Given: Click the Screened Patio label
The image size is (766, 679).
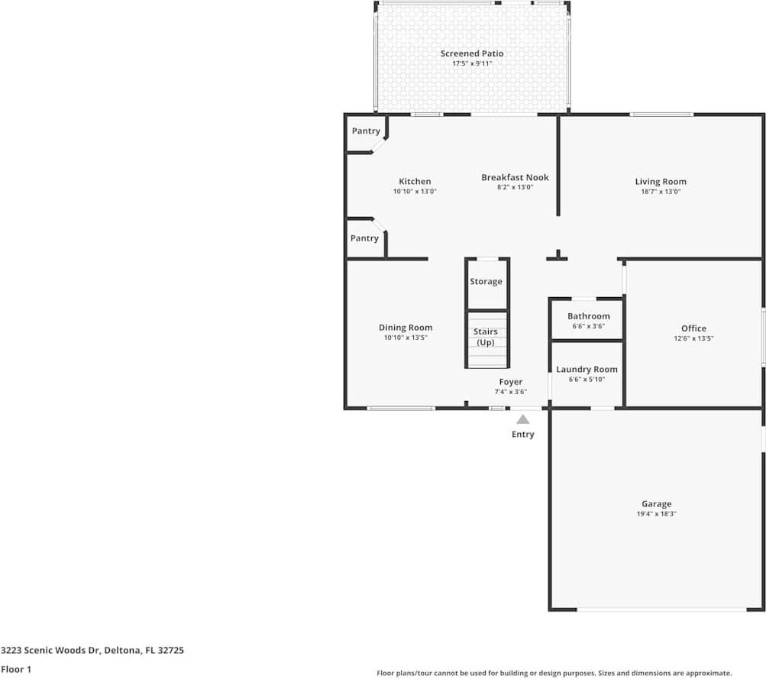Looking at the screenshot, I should tap(472, 53).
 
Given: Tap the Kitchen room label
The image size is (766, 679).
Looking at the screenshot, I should tap(415, 182).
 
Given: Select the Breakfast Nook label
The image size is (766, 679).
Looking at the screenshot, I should tap(515, 177).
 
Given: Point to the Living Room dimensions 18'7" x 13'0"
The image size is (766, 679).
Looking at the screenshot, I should tap(661, 192).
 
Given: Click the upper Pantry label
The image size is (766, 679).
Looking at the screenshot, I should tap(365, 131).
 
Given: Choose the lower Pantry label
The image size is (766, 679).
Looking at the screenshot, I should tap(364, 238).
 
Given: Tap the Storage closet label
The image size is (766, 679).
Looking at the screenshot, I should tap(486, 282).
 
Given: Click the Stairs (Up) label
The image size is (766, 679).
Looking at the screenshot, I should tap(486, 337).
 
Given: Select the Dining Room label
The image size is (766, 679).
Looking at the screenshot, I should tap(406, 328).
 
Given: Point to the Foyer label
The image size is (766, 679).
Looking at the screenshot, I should tap(511, 382).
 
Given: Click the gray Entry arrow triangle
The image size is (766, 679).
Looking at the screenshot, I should tap(523, 419).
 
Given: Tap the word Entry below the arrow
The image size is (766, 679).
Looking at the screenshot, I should tap(523, 435).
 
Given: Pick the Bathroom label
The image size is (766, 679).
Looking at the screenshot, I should tap(588, 316).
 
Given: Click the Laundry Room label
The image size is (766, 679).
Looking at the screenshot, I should tap(587, 370).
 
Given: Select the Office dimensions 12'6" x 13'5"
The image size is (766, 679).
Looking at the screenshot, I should tap(693, 338).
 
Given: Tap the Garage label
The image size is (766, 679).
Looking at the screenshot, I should tap(656, 504).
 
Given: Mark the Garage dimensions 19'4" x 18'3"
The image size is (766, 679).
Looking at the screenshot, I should tap(656, 514).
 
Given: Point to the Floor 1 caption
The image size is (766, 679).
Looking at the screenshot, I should tap(17, 669).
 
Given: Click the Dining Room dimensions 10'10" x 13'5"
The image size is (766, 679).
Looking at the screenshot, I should tap(406, 338).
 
